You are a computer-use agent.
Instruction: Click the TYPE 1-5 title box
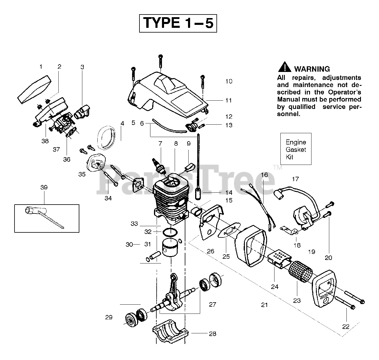178,23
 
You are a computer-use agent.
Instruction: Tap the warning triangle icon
284,67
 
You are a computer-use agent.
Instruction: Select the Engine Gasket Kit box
296,149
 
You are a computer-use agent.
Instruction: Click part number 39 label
44,187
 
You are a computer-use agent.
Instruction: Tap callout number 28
212,334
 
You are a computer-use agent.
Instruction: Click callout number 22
346,327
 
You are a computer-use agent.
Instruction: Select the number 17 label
295,179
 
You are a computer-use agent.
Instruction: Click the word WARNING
312,69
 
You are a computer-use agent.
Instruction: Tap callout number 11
228,100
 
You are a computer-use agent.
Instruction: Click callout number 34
108,198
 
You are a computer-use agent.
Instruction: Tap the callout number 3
82,67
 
